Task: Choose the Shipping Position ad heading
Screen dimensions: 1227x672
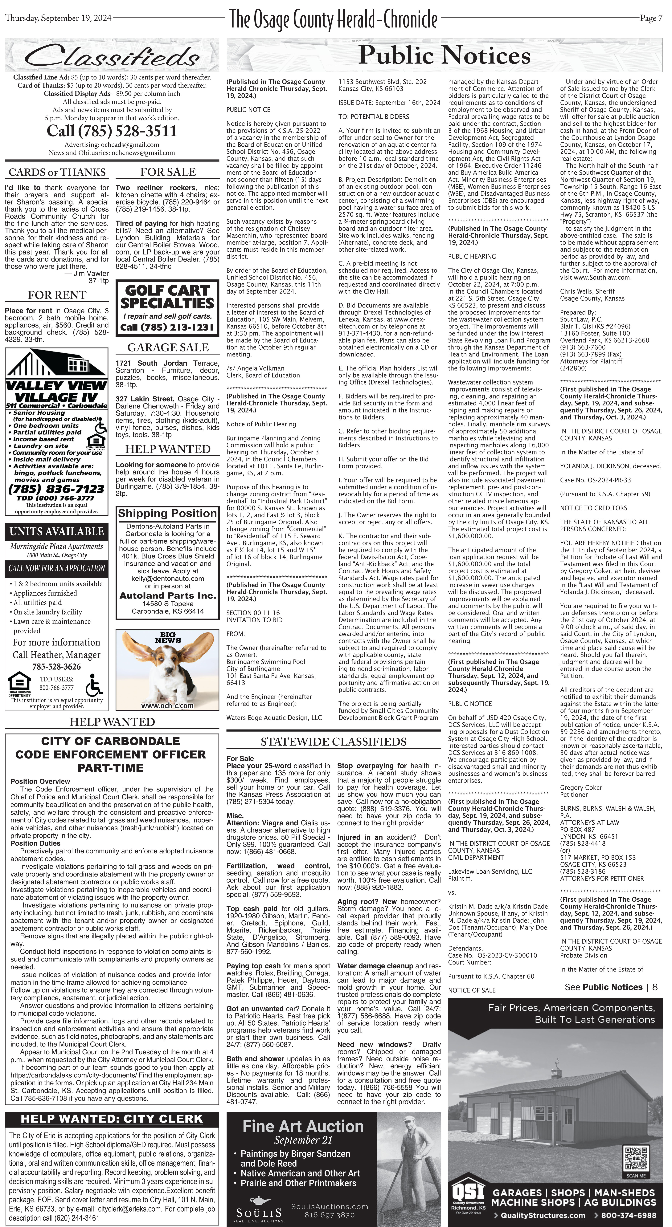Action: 167,514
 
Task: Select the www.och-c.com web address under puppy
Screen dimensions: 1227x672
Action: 167,705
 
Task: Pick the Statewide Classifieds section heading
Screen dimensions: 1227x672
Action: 334,742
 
